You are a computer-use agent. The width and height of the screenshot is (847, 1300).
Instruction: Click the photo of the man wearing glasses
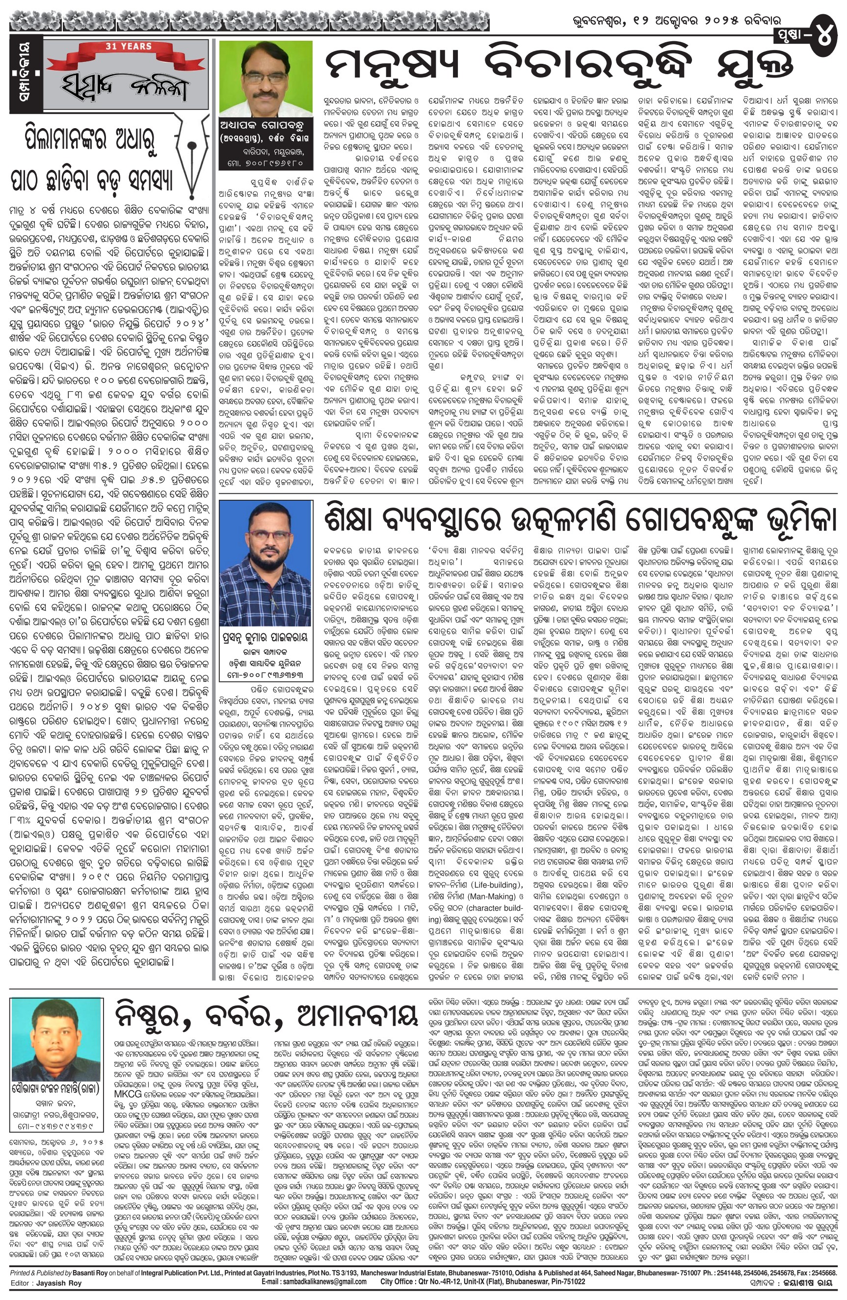265,76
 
